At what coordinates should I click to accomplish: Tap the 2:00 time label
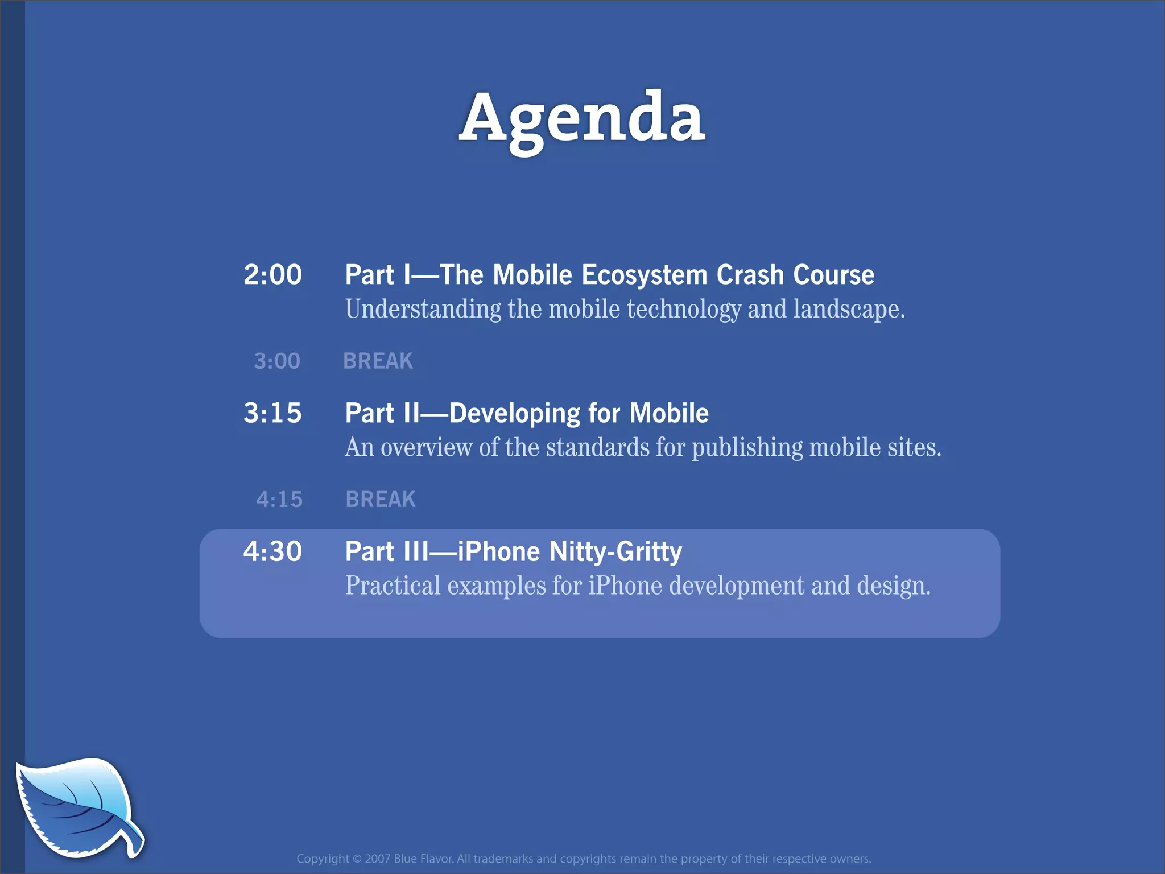272,275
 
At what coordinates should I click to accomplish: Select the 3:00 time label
277,361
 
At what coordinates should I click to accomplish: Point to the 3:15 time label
272,413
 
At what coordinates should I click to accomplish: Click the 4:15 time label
279,500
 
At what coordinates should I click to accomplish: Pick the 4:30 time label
272,551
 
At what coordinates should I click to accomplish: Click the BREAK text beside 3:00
378,361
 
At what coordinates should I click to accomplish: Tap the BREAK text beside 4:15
381,500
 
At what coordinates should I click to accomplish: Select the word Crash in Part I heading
750,275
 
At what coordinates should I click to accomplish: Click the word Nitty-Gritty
615,552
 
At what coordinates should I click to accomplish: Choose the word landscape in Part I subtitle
848,310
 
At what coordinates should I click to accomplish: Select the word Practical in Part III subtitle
393,586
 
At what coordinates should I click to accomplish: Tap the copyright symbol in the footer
357,859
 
